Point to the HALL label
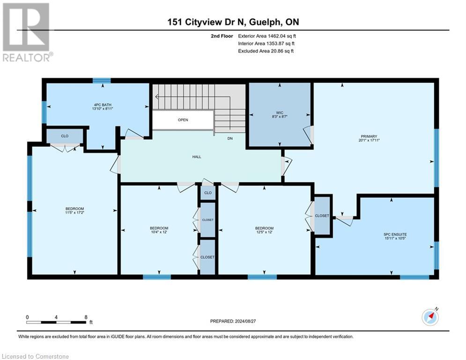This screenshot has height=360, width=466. [197, 157]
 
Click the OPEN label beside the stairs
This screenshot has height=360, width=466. [183, 120]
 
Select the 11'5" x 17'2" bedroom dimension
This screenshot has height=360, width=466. [74, 214]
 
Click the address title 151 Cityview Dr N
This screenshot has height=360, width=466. [233, 22]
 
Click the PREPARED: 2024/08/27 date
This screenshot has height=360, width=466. [233, 321]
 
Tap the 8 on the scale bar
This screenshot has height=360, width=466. [86, 317]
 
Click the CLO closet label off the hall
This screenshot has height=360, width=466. [208, 193]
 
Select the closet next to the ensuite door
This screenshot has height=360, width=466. [322, 216]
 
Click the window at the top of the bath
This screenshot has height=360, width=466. [98, 81]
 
